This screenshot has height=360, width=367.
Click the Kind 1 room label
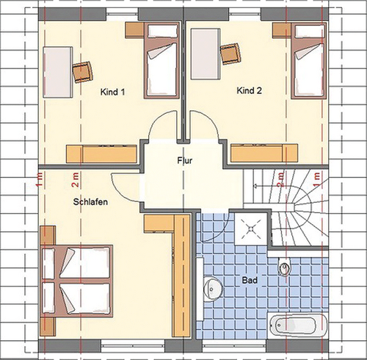point(112,92)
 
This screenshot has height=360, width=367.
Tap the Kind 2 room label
point(249,90)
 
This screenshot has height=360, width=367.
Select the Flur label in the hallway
point(185,160)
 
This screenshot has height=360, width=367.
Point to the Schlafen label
point(90,202)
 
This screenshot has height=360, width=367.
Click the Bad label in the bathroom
point(250,280)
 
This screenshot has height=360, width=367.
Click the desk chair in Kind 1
point(83,72)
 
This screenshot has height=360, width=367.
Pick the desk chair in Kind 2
point(230,54)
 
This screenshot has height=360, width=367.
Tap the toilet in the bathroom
point(284,267)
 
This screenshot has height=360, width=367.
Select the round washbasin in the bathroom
point(213,289)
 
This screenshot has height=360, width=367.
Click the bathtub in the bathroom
point(297,325)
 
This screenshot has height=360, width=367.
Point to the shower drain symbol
point(251,229)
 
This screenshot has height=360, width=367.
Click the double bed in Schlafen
point(76,281)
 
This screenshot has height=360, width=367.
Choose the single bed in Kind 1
point(161,60)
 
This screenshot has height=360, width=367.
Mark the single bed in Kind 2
point(309,60)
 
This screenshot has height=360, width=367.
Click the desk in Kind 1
point(58,72)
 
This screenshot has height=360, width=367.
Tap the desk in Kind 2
point(206,54)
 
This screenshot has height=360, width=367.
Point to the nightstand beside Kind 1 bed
point(134,30)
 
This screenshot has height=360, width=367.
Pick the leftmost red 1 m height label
point(40,180)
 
